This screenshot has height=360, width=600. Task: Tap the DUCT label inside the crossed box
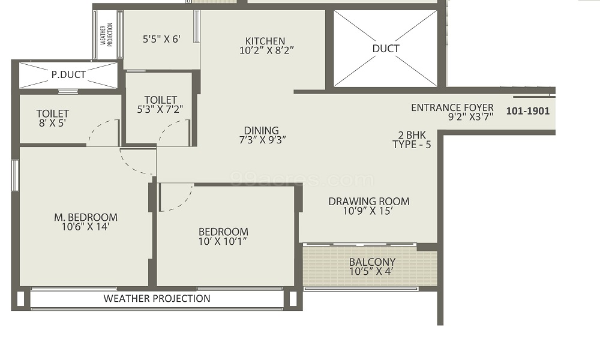pos(385,49)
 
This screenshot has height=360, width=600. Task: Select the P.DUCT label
pos(68,75)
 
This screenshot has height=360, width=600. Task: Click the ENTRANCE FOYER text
pos(452,108)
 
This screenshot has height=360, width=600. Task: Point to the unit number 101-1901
pos(528,111)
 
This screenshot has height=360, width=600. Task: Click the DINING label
pos(262,130)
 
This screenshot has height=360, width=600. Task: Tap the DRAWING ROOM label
pos(368,202)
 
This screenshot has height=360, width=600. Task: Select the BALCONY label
pos(372,262)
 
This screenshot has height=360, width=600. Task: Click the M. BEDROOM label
pos(86,217)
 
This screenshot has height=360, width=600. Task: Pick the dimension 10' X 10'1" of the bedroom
pos(223,241)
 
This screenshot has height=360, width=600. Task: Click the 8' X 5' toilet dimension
pos(53,122)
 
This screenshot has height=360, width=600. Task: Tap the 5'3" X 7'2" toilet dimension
pos(160,109)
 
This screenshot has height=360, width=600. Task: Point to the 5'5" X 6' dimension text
pos(161,39)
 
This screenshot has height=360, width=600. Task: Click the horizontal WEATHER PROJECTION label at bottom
pos(157,298)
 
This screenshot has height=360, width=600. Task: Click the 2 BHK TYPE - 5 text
pos(412,140)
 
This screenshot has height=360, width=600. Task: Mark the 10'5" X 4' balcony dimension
pos(372,271)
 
